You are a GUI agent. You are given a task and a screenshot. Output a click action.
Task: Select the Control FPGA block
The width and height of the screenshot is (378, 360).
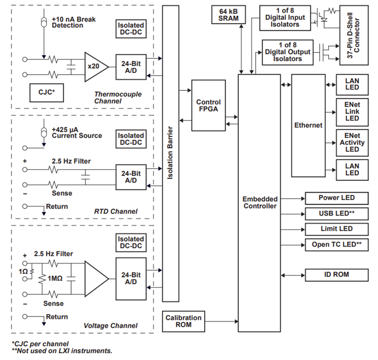208,105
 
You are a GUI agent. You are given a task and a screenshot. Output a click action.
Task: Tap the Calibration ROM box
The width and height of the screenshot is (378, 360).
183,321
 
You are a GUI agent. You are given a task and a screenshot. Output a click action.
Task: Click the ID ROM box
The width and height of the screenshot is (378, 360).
336,275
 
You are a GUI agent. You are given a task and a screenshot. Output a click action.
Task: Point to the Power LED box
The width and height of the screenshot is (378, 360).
336,198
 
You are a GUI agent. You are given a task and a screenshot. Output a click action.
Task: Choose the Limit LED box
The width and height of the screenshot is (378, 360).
336,229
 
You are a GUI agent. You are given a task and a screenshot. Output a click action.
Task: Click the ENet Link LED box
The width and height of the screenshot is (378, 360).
352,112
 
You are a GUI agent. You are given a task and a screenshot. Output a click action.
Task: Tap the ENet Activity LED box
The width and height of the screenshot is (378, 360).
352,143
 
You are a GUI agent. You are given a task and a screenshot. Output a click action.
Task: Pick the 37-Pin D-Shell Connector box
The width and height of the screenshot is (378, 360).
354,35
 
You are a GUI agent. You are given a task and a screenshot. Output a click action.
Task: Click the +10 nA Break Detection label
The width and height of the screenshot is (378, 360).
73,23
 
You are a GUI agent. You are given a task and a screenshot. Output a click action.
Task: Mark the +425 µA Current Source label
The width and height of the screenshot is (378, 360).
76,132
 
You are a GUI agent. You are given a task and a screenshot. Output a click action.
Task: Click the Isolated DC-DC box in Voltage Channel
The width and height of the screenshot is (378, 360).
131,243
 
